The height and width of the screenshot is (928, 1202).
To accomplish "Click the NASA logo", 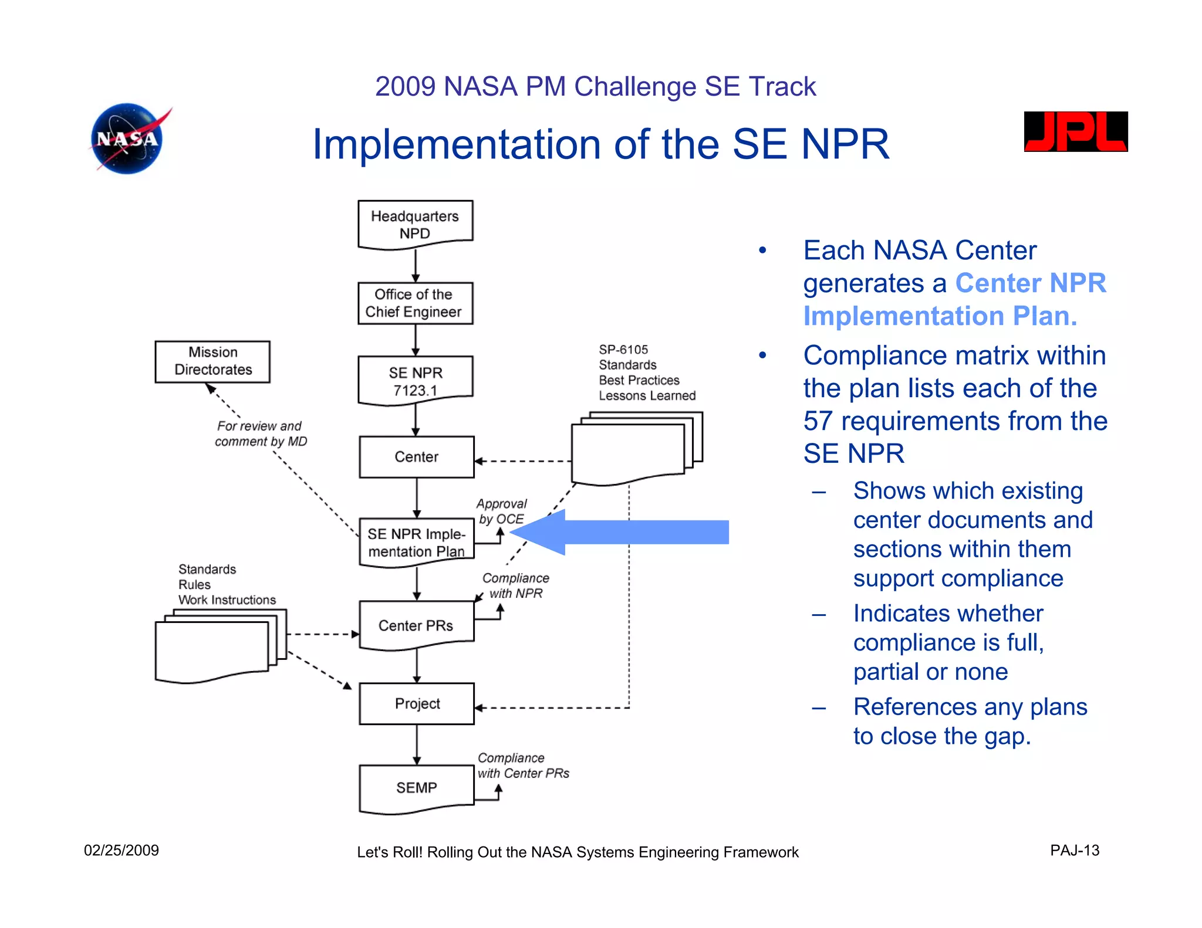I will point(127,139).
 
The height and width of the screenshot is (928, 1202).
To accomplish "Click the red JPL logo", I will point(1075,132).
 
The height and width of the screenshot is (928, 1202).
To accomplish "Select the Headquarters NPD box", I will point(415,225).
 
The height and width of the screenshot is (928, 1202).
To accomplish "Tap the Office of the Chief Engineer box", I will point(415,303).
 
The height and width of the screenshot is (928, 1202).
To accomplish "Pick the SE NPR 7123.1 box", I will point(415,381).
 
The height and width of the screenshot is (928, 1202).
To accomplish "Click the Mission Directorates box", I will point(212,361).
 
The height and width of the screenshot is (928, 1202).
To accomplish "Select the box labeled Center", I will point(416,456).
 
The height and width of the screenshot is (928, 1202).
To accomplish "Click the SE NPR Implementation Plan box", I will point(416,543).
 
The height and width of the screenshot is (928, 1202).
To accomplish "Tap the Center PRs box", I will point(416,625).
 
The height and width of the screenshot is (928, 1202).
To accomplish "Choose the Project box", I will point(416,703).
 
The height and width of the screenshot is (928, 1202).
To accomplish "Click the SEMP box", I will point(416,788).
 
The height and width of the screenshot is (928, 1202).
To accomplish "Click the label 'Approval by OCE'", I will point(501,512).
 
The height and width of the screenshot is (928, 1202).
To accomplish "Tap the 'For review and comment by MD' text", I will point(260,433).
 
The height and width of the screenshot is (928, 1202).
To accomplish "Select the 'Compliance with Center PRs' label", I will point(522,766).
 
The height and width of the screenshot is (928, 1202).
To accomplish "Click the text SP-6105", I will point(623,350).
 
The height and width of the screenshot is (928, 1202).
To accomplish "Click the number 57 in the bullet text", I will point(818,421).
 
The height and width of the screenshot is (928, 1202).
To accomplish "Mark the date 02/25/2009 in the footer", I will point(121,851).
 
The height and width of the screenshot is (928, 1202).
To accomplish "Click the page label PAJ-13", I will point(1074,851).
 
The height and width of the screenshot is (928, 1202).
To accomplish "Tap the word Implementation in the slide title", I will point(456,145).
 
